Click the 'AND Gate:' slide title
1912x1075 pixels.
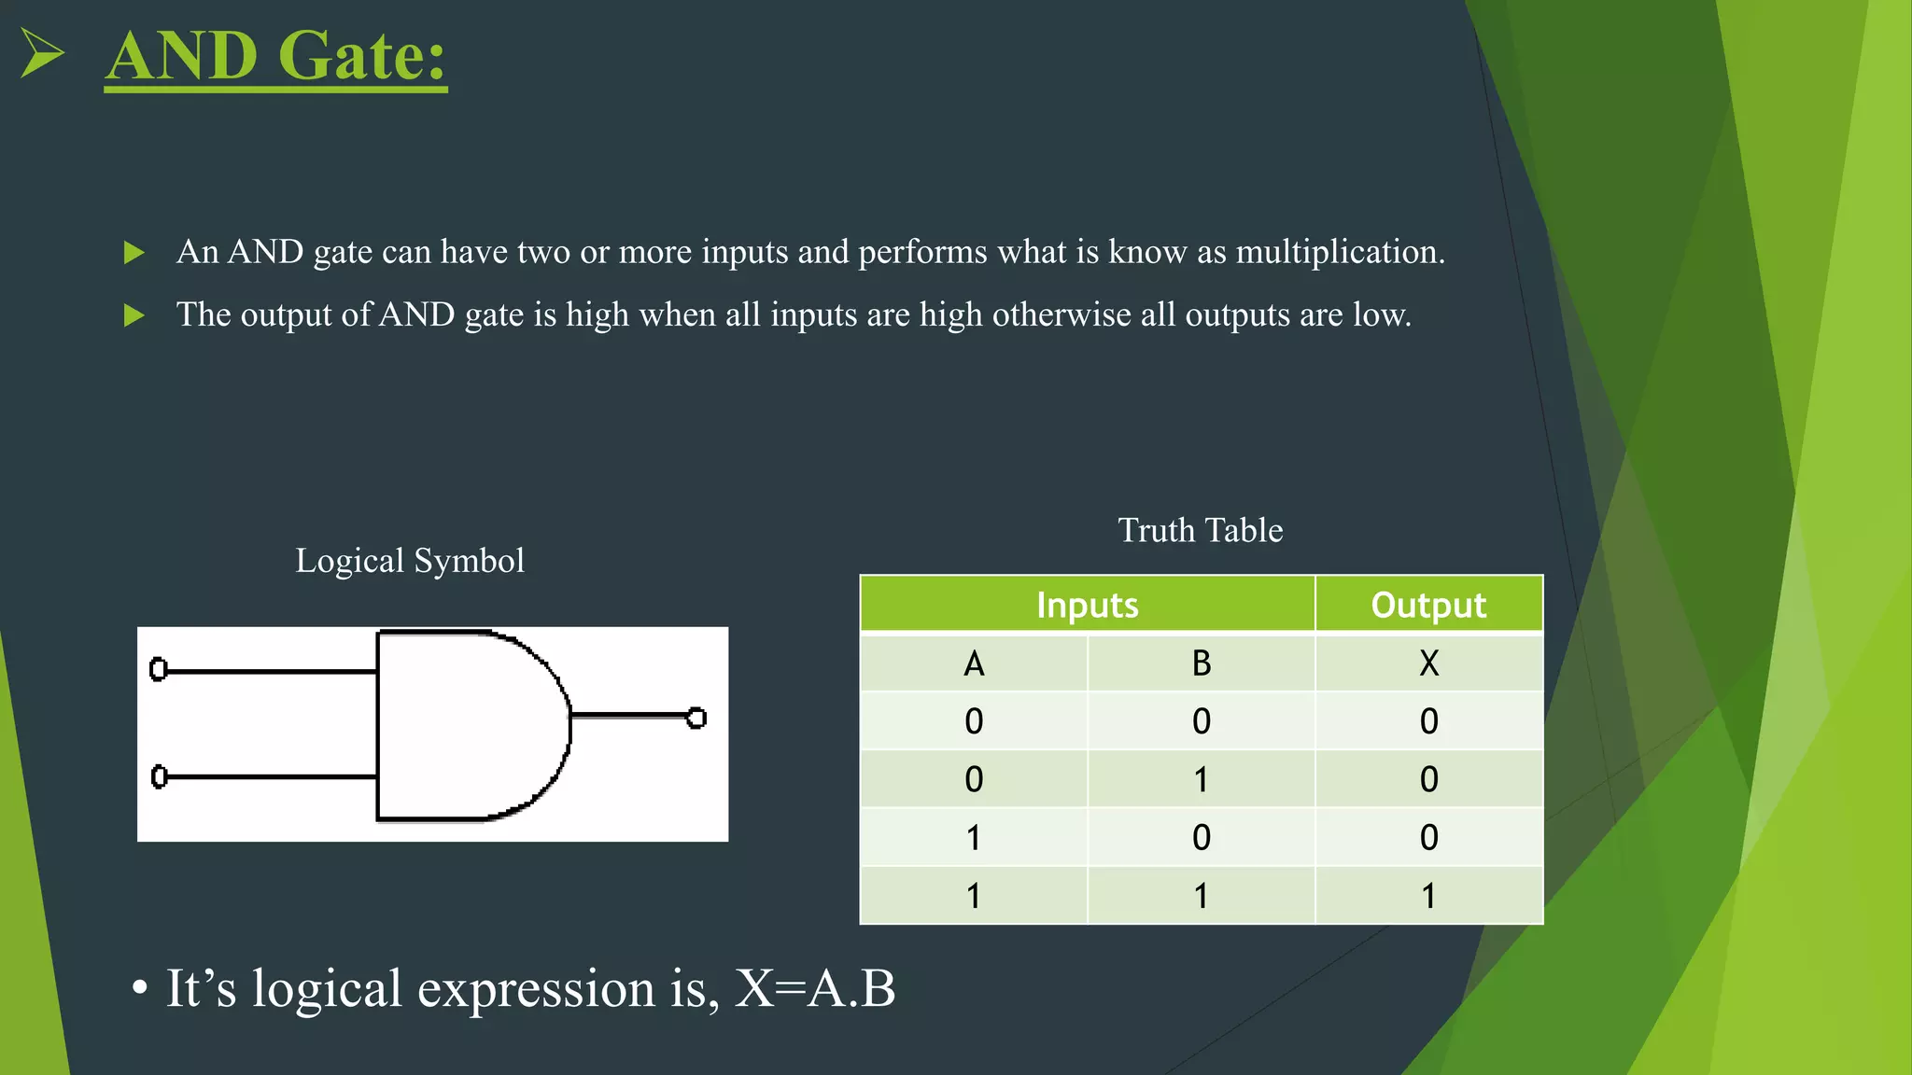(276, 56)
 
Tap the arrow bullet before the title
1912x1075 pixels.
(42, 53)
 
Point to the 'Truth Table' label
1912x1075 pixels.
(1200, 530)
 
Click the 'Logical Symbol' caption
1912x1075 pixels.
(410, 561)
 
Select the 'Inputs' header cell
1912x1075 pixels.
(1087, 605)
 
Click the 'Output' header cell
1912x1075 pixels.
(1427, 605)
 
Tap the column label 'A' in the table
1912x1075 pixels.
(974, 663)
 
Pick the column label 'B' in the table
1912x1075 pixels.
(1201, 663)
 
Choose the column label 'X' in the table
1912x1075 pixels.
(1428, 663)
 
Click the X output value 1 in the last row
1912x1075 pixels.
(1428, 896)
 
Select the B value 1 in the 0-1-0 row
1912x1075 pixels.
(1201, 779)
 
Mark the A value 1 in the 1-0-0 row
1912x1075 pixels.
(974, 838)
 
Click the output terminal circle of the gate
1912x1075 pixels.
(696, 718)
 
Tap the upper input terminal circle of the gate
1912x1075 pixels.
(159, 669)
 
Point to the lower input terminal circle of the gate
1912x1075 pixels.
(159, 776)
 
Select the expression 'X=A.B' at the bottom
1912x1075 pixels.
(814, 988)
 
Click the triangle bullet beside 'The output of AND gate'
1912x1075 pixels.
(134, 315)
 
